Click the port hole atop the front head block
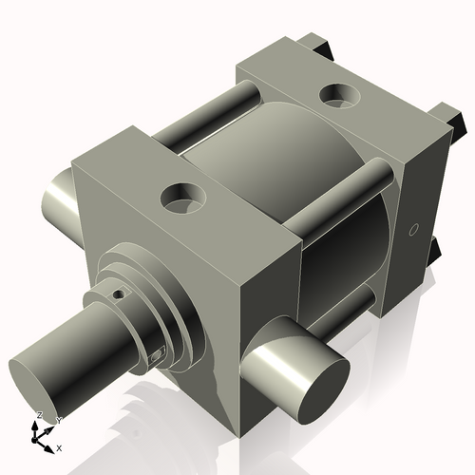(x=181, y=198)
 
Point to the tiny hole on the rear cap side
(x=413, y=229)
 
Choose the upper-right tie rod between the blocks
(x=342, y=195)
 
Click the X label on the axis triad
(x=60, y=446)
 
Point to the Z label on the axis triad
(x=39, y=416)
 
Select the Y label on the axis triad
(x=58, y=419)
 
